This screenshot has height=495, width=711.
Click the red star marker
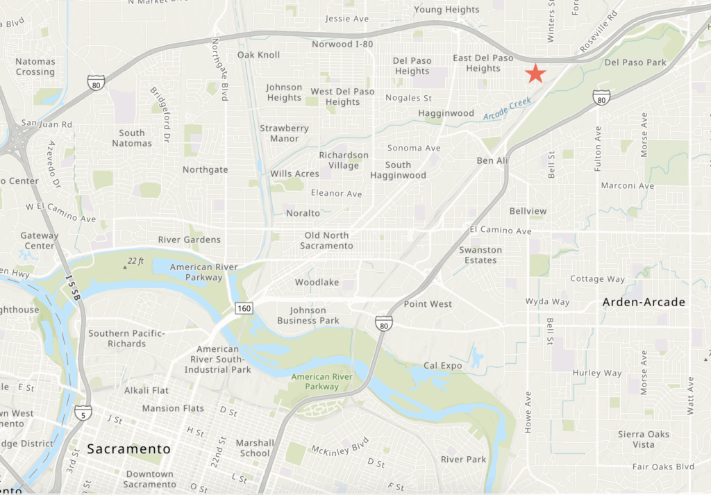point(535,73)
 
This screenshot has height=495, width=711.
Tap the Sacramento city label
point(128,449)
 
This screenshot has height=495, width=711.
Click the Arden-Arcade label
point(644,302)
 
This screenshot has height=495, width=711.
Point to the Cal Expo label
point(443,366)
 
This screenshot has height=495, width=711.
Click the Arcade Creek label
point(507,109)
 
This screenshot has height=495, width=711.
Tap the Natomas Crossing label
point(35,67)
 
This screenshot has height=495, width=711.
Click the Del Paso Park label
point(635,62)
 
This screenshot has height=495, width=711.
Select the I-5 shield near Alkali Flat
point(83,412)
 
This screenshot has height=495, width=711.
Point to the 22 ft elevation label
point(135,261)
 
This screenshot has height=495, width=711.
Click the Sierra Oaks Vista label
point(644,439)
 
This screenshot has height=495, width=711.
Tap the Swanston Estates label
point(480,255)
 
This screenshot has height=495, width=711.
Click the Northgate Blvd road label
point(224,69)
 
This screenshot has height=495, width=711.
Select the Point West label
point(428,304)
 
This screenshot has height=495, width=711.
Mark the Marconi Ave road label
point(627,186)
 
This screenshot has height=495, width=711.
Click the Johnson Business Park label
point(308,315)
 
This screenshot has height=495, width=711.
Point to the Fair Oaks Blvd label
point(663,467)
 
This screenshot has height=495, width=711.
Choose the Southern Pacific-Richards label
point(126,338)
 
